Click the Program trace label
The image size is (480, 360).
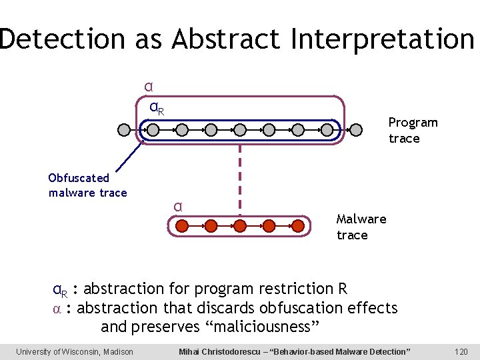pyautogui.click(x=412, y=131)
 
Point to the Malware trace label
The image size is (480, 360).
pyautogui.click(x=361, y=227)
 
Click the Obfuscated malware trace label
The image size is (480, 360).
pyautogui.click(x=87, y=185)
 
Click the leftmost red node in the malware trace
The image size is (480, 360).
pyautogui.click(x=181, y=226)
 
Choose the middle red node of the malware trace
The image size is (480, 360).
pyautogui.click(x=240, y=226)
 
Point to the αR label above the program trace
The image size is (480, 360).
pyautogui.click(x=157, y=107)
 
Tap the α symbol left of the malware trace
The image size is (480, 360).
pyautogui.click(x=178, y=206)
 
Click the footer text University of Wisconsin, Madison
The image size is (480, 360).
pyautogui.click(x=75, y=351)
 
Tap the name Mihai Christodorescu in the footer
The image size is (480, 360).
pyautogui.click(x=227, y=351)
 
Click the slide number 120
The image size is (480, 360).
pyautogui.click(x=461, y=351)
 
